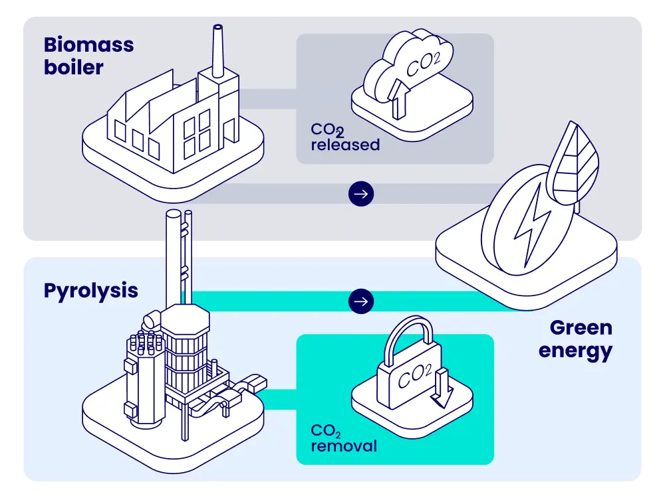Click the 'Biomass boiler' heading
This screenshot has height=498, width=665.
tap(88, 56)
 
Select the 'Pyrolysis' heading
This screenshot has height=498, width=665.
tap(90, 291)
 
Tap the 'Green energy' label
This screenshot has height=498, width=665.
tap(576, 339)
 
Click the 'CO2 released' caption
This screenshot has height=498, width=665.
tap(344, 137)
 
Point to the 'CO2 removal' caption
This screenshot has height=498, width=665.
tap(343, 438)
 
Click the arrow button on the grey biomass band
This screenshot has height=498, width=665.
tap(361, 194)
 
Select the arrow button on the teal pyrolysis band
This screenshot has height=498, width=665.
tap(361, 301)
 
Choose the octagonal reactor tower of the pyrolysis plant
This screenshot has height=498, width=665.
tap(186, 352)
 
